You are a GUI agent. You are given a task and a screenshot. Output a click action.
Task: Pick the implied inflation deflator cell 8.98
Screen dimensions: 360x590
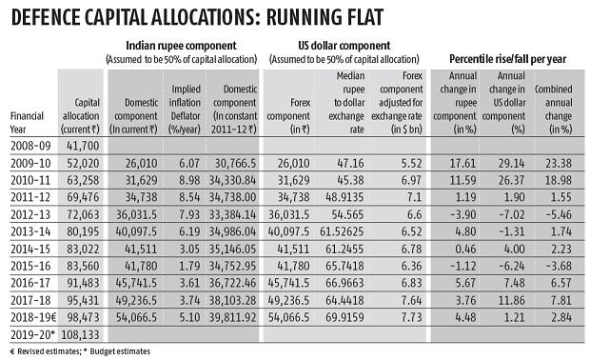pyautogui.click(x=191, y=206)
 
